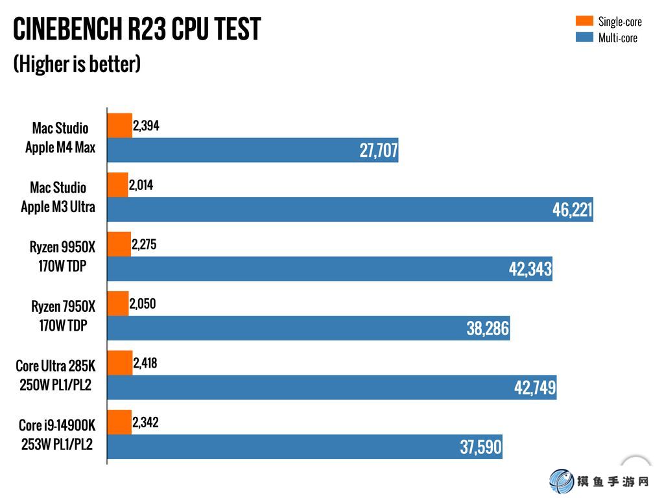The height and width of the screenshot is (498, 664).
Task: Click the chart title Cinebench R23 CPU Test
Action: coord(137,29)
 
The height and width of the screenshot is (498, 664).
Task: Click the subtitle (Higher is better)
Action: coord(77,64)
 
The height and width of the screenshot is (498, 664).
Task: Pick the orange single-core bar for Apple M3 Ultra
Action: coord(117,185)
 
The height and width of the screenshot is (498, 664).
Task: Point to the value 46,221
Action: coord(572,210)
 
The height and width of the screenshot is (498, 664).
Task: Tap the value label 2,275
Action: coord(144,245)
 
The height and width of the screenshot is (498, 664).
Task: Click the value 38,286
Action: coord(488,329)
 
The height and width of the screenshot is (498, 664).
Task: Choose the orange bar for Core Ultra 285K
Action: coord(120,363)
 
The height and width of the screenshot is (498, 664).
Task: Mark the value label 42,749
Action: coord(534,388)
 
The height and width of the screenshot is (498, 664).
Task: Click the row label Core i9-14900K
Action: coord(57,426)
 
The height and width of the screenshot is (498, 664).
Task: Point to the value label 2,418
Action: coord(145,364)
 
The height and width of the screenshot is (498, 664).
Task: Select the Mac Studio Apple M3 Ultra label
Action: coord(58,197)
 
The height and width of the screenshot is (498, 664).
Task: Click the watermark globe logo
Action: coord(562,482)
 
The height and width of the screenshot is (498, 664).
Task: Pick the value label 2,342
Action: coord(145,423)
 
